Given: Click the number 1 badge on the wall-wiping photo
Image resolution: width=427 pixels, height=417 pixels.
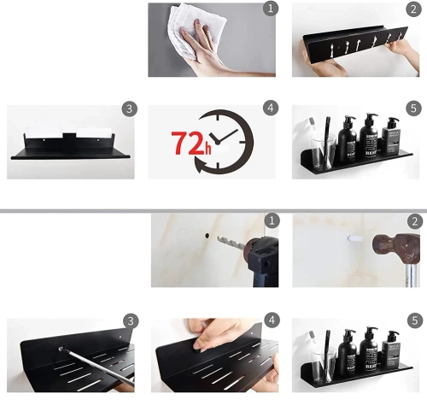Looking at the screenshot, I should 271,9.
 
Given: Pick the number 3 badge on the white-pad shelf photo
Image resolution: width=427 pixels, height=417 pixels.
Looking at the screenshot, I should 129,109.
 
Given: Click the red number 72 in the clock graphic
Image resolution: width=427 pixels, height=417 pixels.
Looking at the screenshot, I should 186,144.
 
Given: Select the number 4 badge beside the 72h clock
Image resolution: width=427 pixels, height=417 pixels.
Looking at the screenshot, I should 271,109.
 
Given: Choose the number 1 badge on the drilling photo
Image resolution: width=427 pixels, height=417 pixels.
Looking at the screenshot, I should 271,220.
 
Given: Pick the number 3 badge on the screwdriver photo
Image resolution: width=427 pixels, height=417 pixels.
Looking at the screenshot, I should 129,321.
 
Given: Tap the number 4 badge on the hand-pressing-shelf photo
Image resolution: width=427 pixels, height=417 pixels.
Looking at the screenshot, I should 271,321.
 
